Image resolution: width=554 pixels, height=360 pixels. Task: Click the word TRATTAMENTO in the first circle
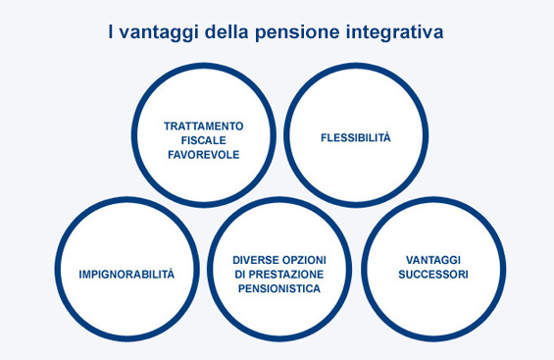click(203, 127)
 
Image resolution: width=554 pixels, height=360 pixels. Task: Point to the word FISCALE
click(203, 140)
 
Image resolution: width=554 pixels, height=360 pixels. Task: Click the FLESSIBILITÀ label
click(355, 137)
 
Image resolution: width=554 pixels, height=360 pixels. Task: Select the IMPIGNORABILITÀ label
click(126, 274)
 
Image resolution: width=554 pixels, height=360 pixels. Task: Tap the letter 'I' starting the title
click(111, 32)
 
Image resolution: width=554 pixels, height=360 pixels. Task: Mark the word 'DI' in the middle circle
click(242, 274)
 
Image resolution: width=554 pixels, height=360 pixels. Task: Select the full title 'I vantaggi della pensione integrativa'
click(277, 32)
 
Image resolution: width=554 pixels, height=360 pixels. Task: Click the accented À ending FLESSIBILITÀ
click(386, 137)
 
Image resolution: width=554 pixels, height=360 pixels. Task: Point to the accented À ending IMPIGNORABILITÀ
click(170, 274)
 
